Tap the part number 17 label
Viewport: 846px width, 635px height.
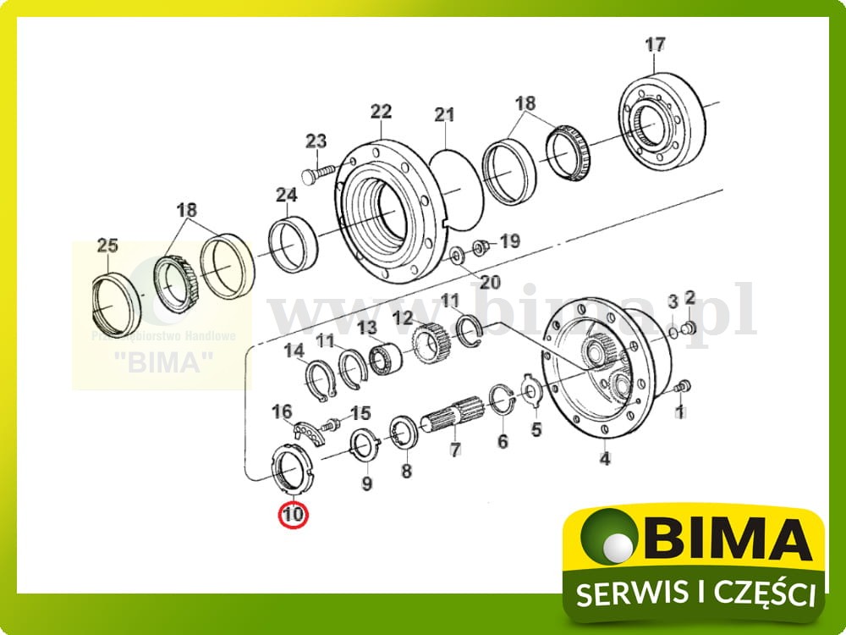[x=656, y=44]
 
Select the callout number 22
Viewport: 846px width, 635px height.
[x=382, y=112]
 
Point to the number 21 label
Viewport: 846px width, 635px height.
[x=445, y=114]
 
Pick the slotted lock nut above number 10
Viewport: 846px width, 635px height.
[x=290, y=471]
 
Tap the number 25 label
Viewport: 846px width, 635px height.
[x=107, y=246]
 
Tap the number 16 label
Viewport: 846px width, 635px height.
[x=281, y=412]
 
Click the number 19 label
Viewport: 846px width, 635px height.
[x=509, y=241]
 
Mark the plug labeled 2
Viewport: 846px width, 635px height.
[x=688, y=326]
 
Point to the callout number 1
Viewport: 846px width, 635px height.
[x=678, y=413]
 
